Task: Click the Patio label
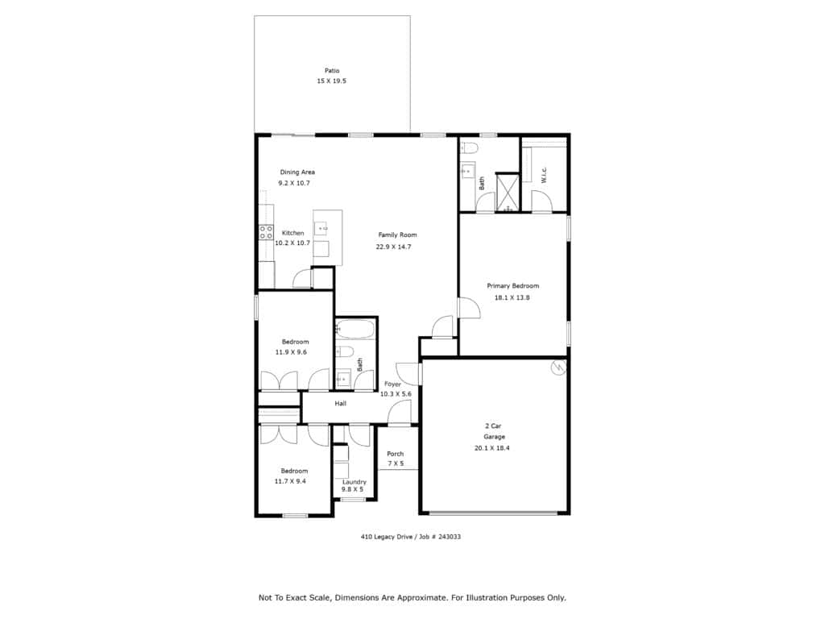click(x=332, y=71)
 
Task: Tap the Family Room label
click(x=397, y=235)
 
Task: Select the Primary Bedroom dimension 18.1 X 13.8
click(x=512, y=297)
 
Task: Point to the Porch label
click(x=395, y=454)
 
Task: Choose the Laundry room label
click(x=354, y=482)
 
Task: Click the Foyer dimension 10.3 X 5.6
click(x=396, y=393)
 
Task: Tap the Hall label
click(x=341, y=404)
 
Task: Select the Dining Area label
click(x=297, y=172)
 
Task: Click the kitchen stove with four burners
click(x=266, y=232)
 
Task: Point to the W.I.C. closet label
click(x=544, y=175)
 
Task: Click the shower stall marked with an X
click(x=508, y=192)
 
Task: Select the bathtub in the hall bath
click(x=355, y=330)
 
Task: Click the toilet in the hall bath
click(x=345, y=351)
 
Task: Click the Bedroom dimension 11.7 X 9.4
click(x=290, y=481)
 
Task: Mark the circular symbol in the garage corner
click(x=558, y=368)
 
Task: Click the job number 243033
click(x=450, y=537)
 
